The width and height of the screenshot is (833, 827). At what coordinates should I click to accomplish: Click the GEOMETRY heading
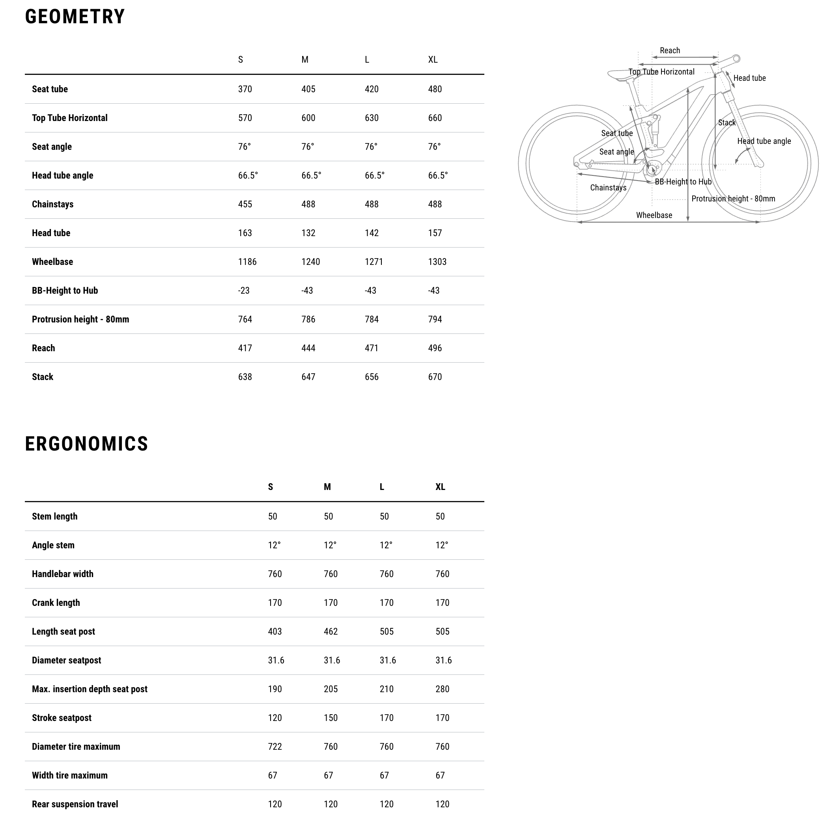point(75,17)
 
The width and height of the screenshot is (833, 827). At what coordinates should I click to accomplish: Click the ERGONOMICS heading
point(86,444)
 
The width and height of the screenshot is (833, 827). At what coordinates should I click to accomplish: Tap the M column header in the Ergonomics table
point(327,487)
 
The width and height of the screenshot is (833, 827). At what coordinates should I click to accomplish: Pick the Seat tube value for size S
point(245,89)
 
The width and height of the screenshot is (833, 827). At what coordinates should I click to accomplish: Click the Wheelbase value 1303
point(437,262)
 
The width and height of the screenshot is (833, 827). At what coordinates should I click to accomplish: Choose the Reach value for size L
point(371,348)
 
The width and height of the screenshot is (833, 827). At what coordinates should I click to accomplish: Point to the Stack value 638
point(245,377)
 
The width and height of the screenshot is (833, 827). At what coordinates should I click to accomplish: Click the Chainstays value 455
point(245,204)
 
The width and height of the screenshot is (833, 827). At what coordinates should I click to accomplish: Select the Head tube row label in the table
point(51,233)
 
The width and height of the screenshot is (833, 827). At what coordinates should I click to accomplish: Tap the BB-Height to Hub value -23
point(244,291)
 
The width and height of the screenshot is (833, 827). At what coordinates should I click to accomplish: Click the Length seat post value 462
point(330,632)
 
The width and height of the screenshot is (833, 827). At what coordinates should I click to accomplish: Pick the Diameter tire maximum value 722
point(275,747)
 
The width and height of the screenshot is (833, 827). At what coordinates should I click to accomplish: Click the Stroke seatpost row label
point(62,718)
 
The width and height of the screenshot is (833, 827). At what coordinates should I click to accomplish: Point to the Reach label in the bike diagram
point(670,50)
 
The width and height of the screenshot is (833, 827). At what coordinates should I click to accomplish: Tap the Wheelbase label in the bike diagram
point(654,215)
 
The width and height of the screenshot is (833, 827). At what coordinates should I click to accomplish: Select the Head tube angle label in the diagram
point(764,141)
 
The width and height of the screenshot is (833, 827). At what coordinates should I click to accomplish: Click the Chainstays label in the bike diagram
point(608,188)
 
